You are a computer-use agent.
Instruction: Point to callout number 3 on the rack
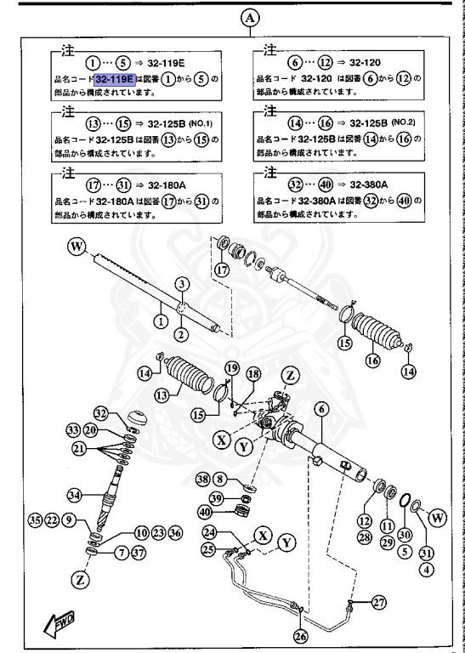pos(180,283)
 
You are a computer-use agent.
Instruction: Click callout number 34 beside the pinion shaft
pos(77,494)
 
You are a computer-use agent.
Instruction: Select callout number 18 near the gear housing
pos(252,374)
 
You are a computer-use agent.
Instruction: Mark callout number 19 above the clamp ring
pos(230,367)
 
